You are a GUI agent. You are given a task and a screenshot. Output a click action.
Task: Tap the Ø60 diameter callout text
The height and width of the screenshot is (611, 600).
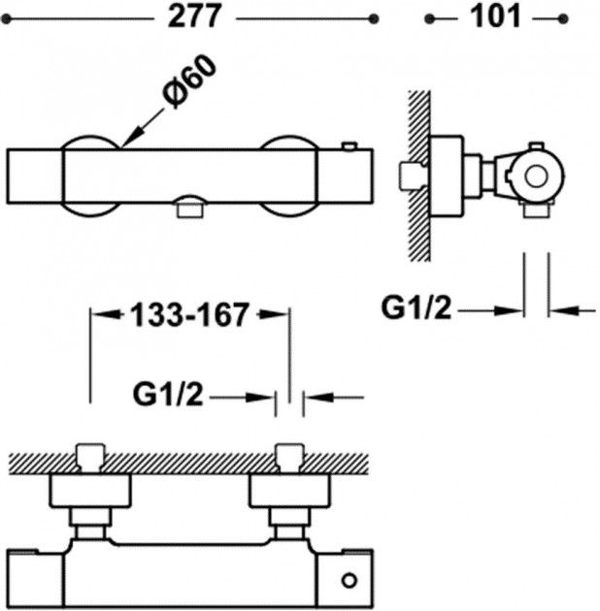click(189, 84)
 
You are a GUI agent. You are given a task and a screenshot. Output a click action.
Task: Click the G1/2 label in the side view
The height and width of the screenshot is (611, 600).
click(417, 308)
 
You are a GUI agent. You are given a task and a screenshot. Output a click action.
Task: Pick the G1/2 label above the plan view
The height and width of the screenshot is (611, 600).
click(168, 396)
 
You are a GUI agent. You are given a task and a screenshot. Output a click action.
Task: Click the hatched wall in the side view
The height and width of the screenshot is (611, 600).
click(419, 175)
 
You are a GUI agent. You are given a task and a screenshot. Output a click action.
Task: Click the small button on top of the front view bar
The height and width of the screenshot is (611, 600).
click(349, 146)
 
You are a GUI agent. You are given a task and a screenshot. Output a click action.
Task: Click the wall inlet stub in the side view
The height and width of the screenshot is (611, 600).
click(413, 177)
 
